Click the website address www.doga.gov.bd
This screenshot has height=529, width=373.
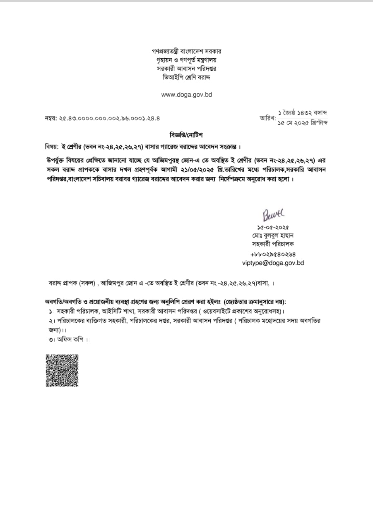tap(186, 94)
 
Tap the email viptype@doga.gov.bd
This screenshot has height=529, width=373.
tap(273, 262)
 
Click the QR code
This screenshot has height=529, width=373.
tap(62, 370)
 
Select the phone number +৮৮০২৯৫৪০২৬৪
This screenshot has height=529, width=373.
tap(273, 254)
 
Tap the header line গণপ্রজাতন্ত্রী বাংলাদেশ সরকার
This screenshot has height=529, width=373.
tap(186, 52)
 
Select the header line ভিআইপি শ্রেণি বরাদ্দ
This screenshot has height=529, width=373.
tap(186, 77)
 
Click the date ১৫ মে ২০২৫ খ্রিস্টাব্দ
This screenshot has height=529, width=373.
tap(303, 123)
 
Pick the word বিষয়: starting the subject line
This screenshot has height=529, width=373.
tap(52, 147)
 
